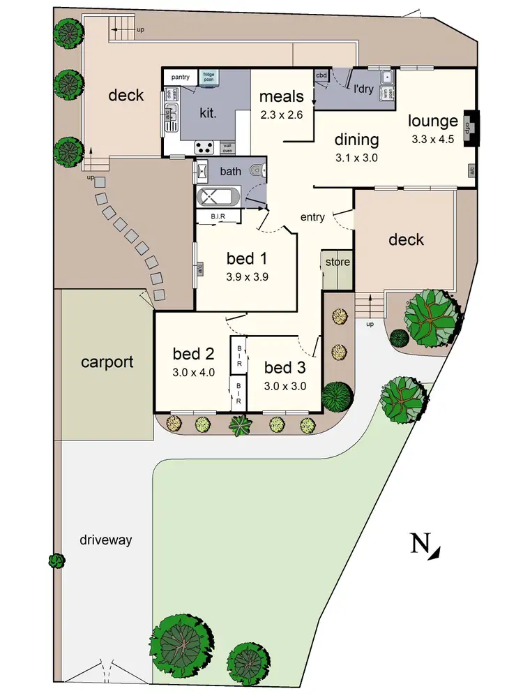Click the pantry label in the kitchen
[181, 77]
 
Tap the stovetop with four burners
[204, 147]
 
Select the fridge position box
[209, 77]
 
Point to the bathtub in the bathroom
[218, 198]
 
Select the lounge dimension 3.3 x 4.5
[433, 138]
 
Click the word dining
[356, 139]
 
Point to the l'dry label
[363, 89]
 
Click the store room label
[338, 262]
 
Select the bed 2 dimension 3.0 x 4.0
[193, 372]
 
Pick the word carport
[107, 362]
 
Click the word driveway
[105, 540]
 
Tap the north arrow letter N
[419, 543]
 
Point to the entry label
[312, 217]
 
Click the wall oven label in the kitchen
[227, 147]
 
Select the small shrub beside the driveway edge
[56, 560]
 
